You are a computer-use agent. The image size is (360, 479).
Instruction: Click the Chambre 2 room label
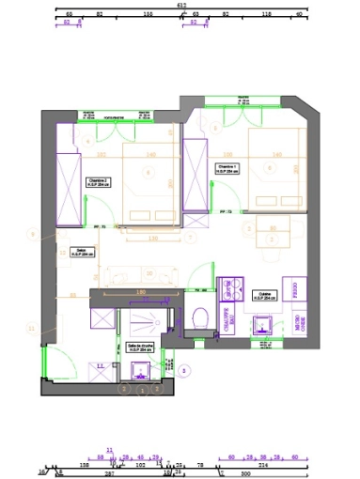(98, 182)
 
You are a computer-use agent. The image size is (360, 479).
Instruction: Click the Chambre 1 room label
(228, 170)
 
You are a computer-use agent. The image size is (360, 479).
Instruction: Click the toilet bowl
(198, 317)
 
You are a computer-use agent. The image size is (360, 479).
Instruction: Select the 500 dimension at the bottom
(247, 473)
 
